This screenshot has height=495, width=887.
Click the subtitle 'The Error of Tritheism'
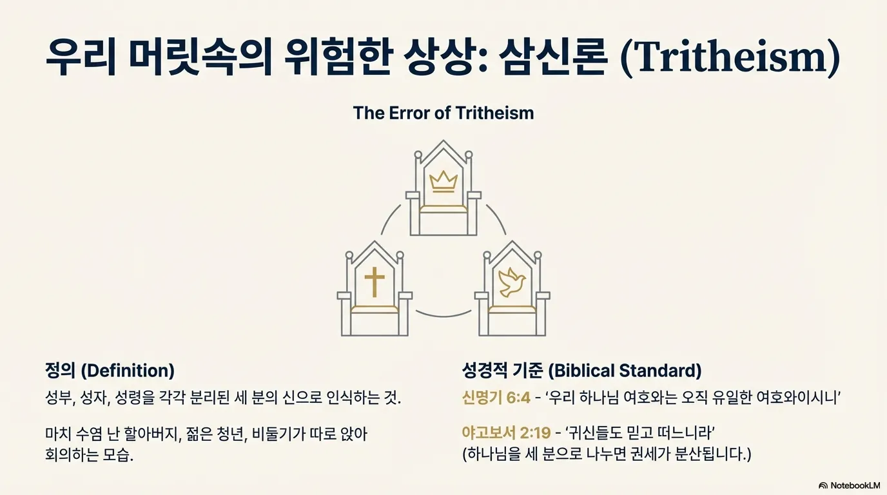coord(443,113)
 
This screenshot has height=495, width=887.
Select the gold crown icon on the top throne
coord(443,182)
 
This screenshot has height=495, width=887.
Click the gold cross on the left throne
coord(374,282)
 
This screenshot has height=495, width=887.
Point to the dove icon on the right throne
coord(512,282)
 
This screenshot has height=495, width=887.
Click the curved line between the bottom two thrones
coord(443,315)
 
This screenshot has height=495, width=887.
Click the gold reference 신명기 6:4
coord(496,397)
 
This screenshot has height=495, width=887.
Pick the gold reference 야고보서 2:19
coord(506,433)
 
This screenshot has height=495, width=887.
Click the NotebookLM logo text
coord(855,485)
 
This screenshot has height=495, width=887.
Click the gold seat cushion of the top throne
coord(443,209)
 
